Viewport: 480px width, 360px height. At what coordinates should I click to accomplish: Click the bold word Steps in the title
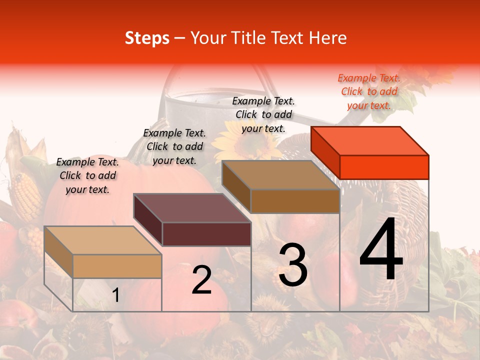click(x=147, y=38)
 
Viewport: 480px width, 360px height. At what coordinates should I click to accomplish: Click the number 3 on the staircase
click(x=293, y=264)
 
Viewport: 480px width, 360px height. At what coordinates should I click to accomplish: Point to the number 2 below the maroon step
click(x=201, y=280)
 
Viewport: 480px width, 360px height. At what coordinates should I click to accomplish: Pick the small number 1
click(x=116, y=295)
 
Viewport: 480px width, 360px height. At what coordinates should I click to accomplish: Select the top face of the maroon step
click(x=192, y=208)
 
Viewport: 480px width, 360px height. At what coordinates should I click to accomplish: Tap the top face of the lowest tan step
click(x=103, y=240)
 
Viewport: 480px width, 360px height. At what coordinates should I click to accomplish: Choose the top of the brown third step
click(x=281, y=175)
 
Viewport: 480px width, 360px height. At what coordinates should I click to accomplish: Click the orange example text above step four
click(x=369, y=91)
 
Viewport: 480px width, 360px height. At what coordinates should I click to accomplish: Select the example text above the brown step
click(x=263, y=114)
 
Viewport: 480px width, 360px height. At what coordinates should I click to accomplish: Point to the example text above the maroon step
click(x=174, y=146)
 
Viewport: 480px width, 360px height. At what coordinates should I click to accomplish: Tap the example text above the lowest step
click(x=87, y=175)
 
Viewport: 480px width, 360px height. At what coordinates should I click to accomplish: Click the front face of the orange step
click(x=384, y=167)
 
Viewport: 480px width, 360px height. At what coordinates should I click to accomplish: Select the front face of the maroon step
click(x=206, y=234)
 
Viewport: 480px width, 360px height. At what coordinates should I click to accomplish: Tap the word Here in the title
click(x=329, y=38)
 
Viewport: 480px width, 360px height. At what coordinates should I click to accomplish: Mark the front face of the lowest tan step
click(x=117, y=266)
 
